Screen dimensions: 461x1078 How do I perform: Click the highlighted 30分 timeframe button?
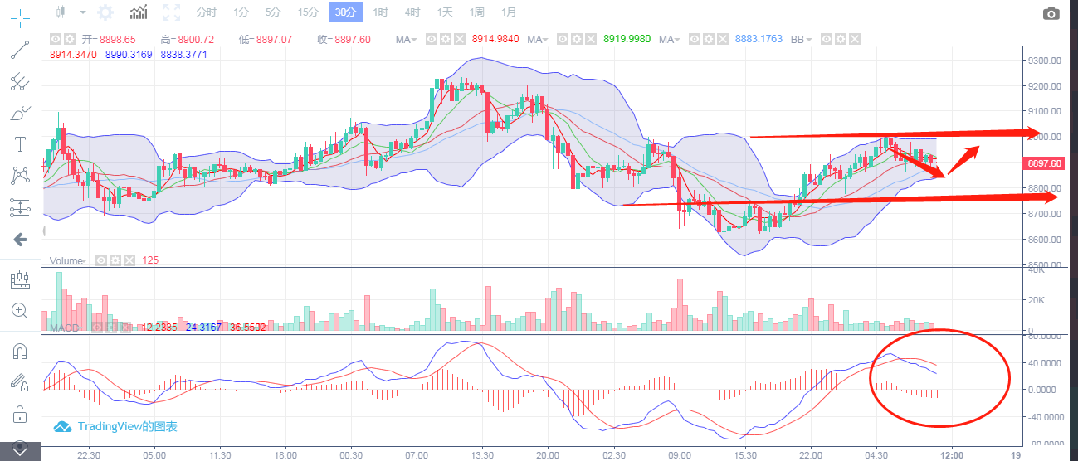344,12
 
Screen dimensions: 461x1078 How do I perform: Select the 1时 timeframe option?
380,12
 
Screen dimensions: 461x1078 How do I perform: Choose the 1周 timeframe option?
476,12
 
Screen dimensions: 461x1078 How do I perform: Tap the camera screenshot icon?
1051,13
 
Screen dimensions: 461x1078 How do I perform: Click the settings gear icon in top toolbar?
105,12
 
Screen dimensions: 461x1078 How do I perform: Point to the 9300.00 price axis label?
1044,61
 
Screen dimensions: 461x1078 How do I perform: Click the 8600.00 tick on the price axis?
1044,240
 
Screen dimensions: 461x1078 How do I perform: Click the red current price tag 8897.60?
1045,163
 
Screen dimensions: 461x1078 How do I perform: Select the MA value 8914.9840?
495,39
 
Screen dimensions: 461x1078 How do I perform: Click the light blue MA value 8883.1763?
759,39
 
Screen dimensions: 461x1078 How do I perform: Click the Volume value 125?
150,260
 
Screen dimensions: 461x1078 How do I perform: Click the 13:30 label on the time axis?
482,455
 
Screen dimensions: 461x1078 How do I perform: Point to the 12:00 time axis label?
951,455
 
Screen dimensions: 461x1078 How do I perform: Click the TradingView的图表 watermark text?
127,427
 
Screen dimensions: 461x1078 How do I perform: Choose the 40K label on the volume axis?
1036,270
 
